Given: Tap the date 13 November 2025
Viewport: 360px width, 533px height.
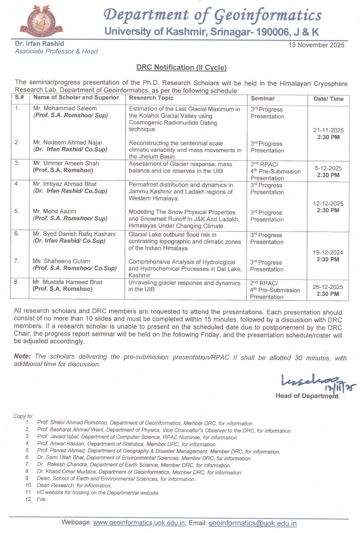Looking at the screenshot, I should [316, 45].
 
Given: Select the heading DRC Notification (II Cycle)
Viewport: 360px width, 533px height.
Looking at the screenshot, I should [181, 67].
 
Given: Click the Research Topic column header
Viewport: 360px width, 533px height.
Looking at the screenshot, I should [152, 98].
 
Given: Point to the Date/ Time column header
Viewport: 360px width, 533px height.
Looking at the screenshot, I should [328, 99].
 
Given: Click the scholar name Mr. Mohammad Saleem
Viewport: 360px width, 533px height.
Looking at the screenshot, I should [65, 108].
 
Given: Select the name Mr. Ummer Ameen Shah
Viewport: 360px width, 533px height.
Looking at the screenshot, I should [66, 163].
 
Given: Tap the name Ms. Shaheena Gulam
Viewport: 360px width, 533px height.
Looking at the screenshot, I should [61, 261].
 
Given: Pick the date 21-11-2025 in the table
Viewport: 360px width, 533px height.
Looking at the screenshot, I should [328, 130].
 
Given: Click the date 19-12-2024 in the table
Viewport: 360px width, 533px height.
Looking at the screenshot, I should [328, 253].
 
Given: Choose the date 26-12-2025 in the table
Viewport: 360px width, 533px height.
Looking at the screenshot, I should [328, 287].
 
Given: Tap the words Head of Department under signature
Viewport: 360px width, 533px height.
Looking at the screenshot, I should [307, 396].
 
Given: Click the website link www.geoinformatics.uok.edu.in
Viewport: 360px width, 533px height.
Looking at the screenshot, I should [139, 523].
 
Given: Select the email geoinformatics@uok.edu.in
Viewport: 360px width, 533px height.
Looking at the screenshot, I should [252, 523].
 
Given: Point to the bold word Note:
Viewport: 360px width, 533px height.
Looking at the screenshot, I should [22, 356].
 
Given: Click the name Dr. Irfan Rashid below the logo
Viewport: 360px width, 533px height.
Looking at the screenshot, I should [39, 44].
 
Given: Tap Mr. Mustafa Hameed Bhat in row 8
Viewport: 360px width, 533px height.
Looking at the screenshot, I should [67, 282].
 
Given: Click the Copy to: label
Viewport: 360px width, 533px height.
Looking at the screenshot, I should [23, 416].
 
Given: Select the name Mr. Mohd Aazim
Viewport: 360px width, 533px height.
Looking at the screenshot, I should [55, 211].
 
